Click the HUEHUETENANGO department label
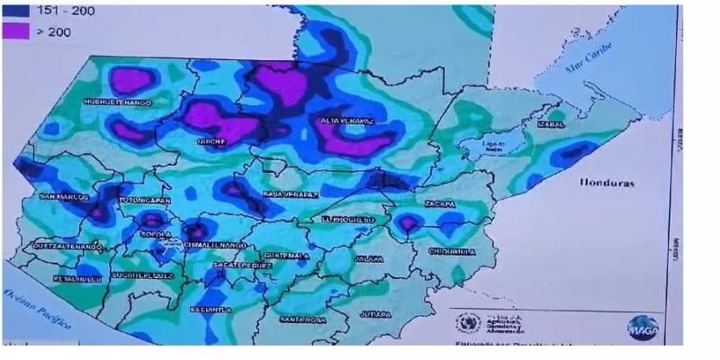(x=117, y=103)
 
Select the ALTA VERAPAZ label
(x=346, y=120)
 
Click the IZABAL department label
(x=551, y=125)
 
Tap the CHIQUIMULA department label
(x=452, y=251)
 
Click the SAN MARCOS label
(x=62, y=195)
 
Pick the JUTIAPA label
(x=374, y=314)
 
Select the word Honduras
(x=608, y=183)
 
